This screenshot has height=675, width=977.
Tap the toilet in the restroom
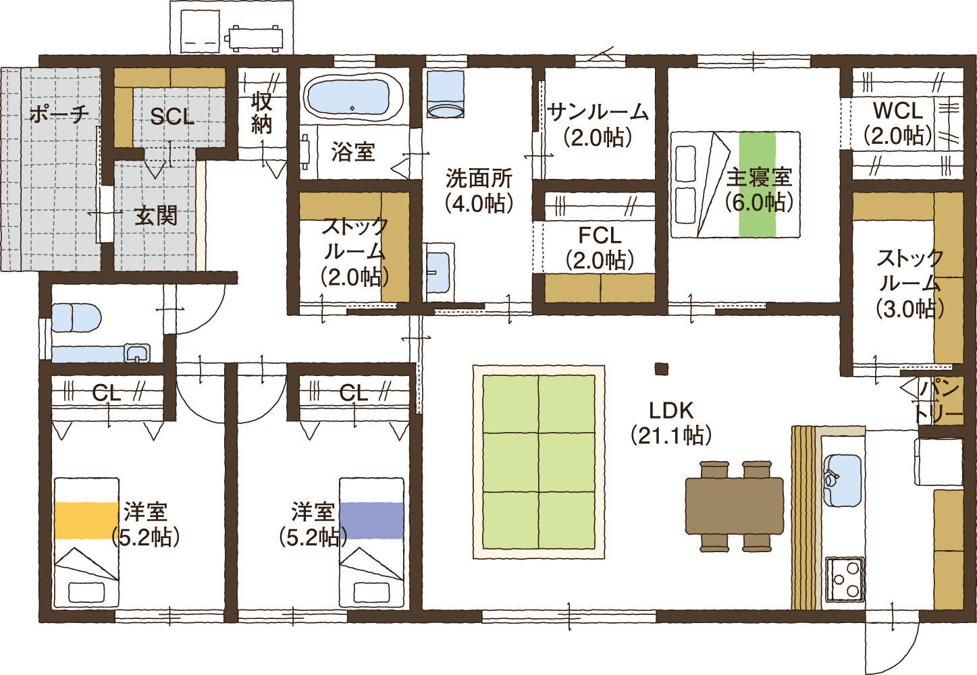76,318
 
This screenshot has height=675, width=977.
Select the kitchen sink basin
841,480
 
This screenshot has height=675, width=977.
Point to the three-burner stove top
845,578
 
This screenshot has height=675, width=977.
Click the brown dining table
735,506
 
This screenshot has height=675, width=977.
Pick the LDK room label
671,423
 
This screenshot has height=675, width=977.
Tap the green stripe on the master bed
757,184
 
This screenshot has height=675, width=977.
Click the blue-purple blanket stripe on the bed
371,520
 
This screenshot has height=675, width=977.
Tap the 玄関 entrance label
156,216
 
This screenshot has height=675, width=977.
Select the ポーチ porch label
59,114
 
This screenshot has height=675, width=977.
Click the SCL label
172,116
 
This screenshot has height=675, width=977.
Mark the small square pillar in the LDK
662,369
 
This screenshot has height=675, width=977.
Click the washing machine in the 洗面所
446,94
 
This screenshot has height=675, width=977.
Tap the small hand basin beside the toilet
137,353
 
